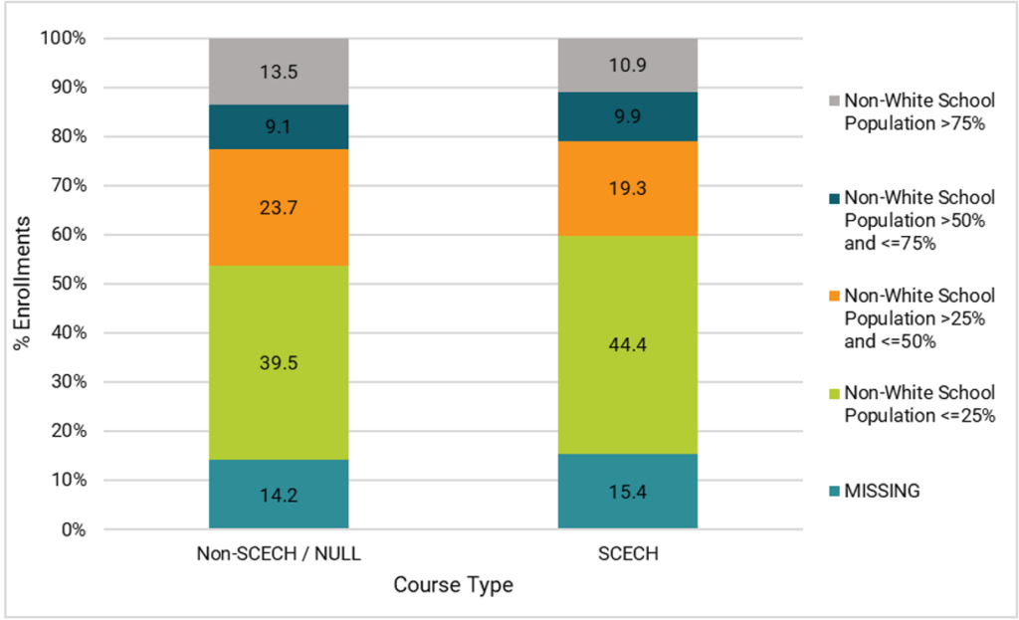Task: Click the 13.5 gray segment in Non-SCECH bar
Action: (278, 71)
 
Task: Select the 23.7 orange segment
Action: (278, 207)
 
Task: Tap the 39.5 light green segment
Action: (278, 362)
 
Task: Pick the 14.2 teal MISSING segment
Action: (278, 494)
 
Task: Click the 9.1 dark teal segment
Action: (278, 126)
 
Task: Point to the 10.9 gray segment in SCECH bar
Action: (627, 65)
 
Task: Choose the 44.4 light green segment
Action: (627, 344)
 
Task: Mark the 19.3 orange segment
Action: (627, 188)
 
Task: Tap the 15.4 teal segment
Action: (627, 492)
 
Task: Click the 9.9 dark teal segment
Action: (627, 116)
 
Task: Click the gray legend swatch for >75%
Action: (834, 102)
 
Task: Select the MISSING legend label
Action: (884, 491)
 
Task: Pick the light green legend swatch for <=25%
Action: (834, 393)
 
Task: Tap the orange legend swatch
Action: (834, 296)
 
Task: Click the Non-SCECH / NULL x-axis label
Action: (278, 555)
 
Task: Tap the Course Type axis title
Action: (453, 585)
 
